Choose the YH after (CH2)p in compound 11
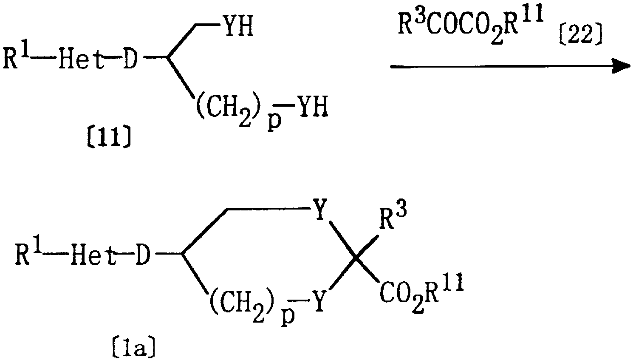click(314, 107)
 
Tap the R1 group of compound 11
click(16, 57)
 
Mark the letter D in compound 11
click(130, 60)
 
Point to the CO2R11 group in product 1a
click(421, 295)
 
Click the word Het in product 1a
click(93, 255)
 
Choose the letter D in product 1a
click(143, 255)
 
